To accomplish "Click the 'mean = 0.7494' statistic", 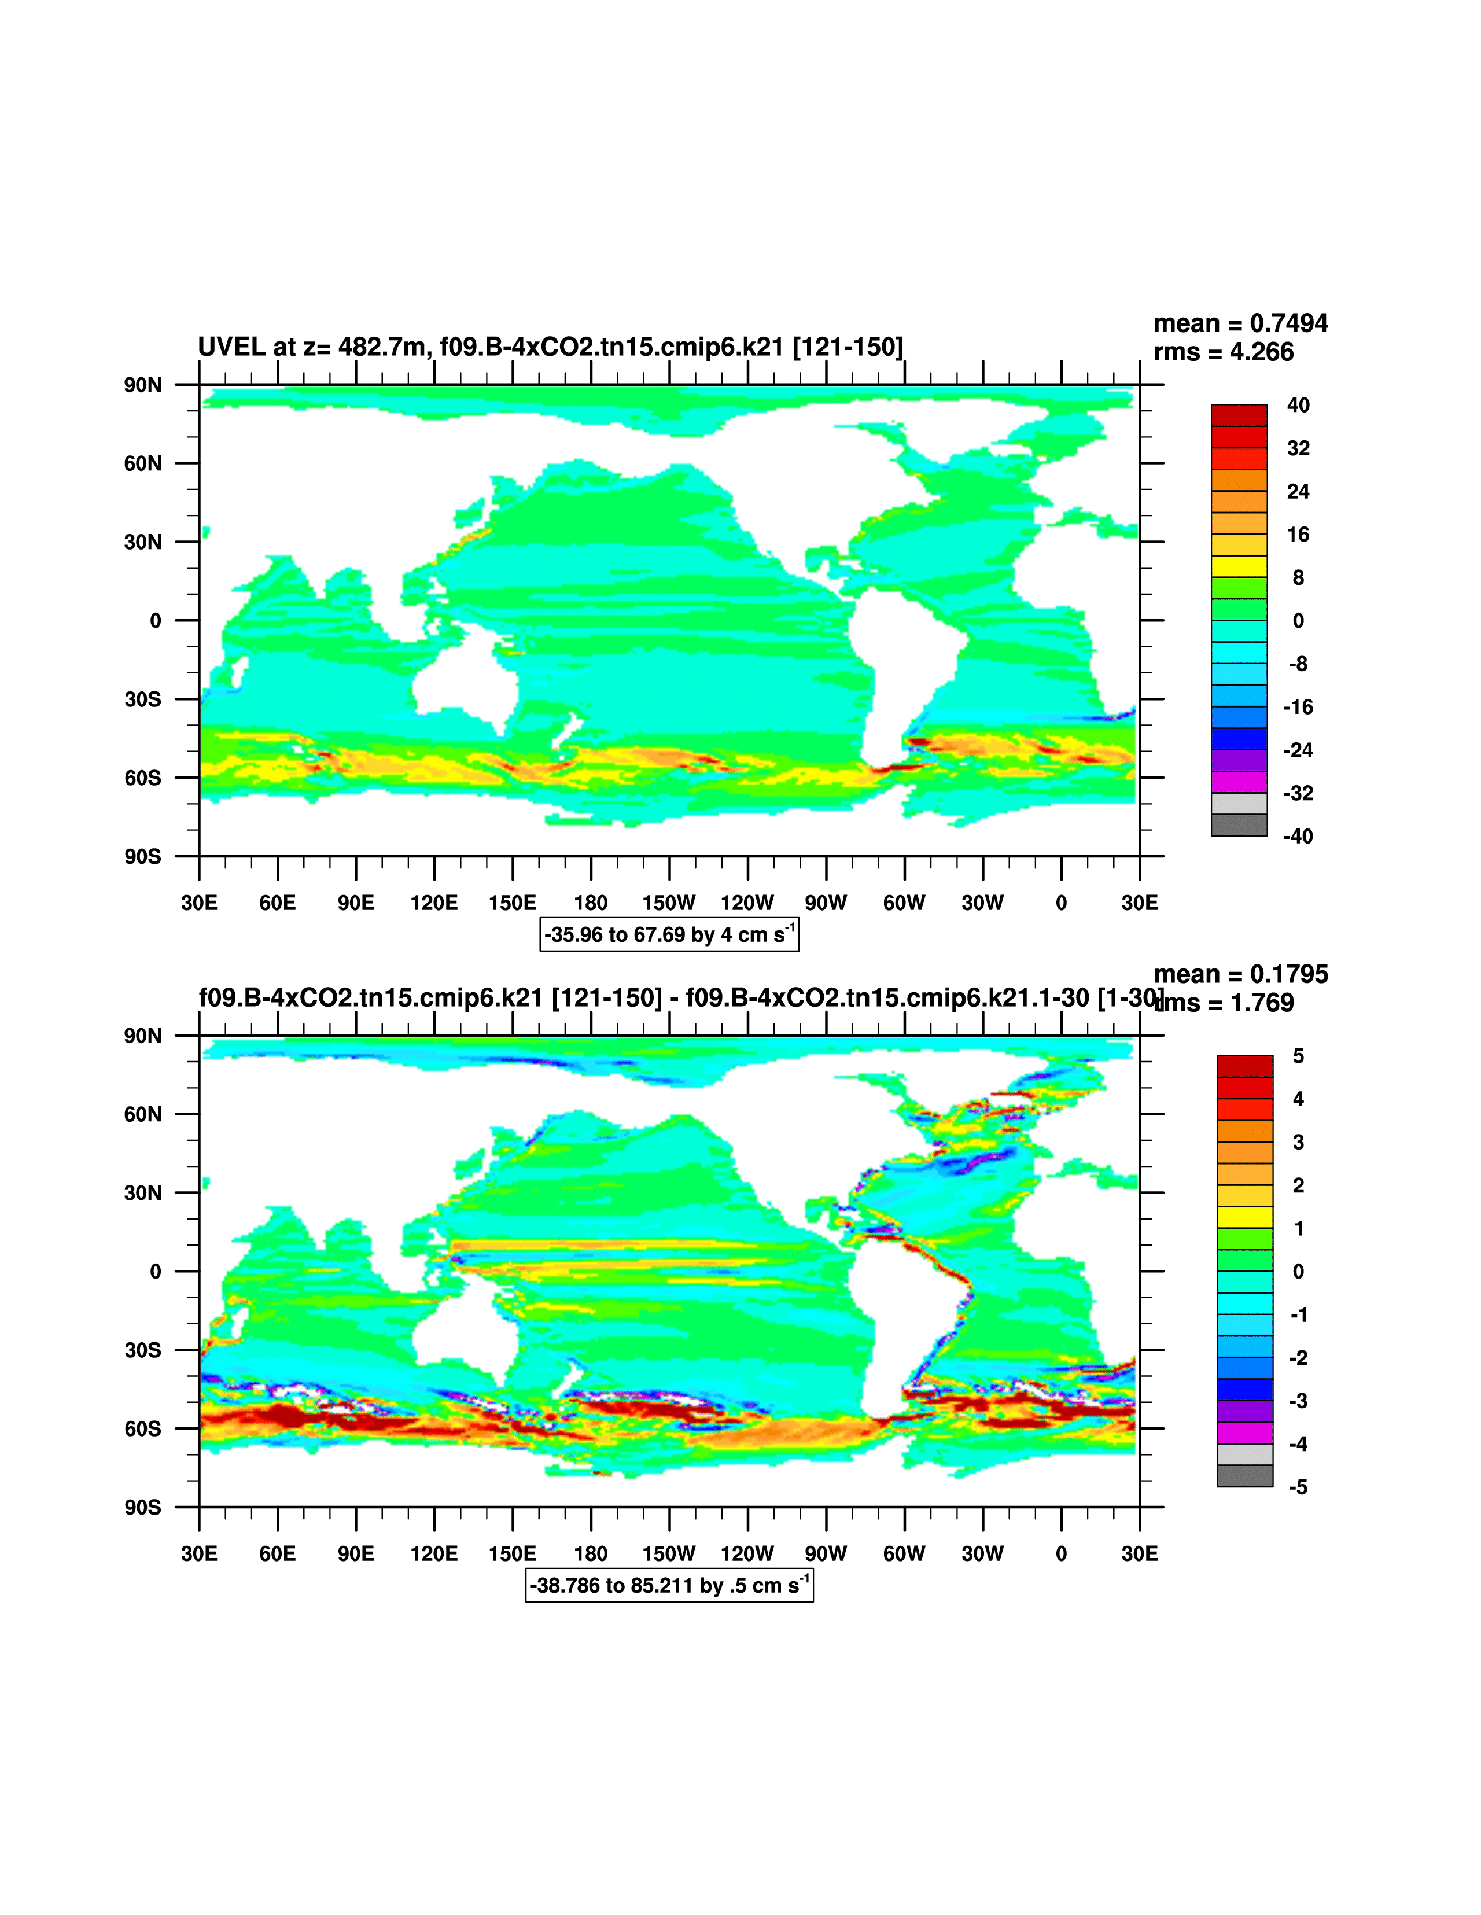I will (1240, 323).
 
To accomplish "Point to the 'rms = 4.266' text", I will (1223, 352).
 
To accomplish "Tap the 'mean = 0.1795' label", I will (1240, 974).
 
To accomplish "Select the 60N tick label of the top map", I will (142, 463).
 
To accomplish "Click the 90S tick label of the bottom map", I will (142, 1507).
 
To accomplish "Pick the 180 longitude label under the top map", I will (590, 903).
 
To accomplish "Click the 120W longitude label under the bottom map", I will (747, 1554).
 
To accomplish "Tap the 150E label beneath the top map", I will (512, 903).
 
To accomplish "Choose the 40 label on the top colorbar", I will (1298, 405).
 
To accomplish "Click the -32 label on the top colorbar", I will (1298, 794).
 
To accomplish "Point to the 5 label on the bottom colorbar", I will (1298, 1056).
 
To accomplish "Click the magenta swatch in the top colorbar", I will (1239, 782).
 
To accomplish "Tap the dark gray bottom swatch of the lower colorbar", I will (1244, 1476).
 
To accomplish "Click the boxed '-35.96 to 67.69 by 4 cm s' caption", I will (669, 935).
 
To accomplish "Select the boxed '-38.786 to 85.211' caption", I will (669, 1585).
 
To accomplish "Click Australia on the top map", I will (460, 680).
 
